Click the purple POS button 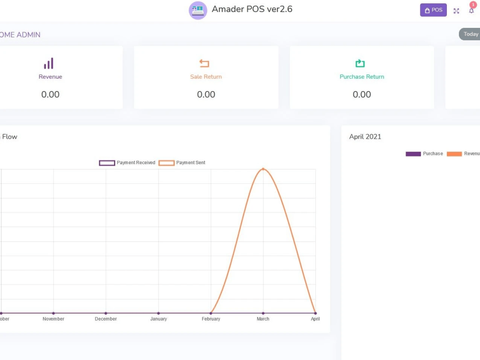tap(433, 10)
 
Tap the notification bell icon tap(471, 11)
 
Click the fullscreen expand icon tap(456, 11)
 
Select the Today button tap(469, 34)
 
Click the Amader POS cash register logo tap(198, 11)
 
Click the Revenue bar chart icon tap(48, 63)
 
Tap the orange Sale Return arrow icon tap(204, 63)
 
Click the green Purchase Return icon tap(360, 63)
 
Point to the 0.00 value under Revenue tap(50, 94)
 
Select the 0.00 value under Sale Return tap(206, 94)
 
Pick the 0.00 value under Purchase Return tap(362, 94)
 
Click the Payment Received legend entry tap(127, 163)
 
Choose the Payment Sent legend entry tap(182, 163)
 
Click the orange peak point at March tap(263, 169)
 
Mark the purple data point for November tap(53, 313)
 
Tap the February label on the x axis tap(211, 319)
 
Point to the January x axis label tap(158, 319)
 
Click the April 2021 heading tap(365, 137)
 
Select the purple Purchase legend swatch tap(413, 154)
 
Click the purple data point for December tap(106, 313)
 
